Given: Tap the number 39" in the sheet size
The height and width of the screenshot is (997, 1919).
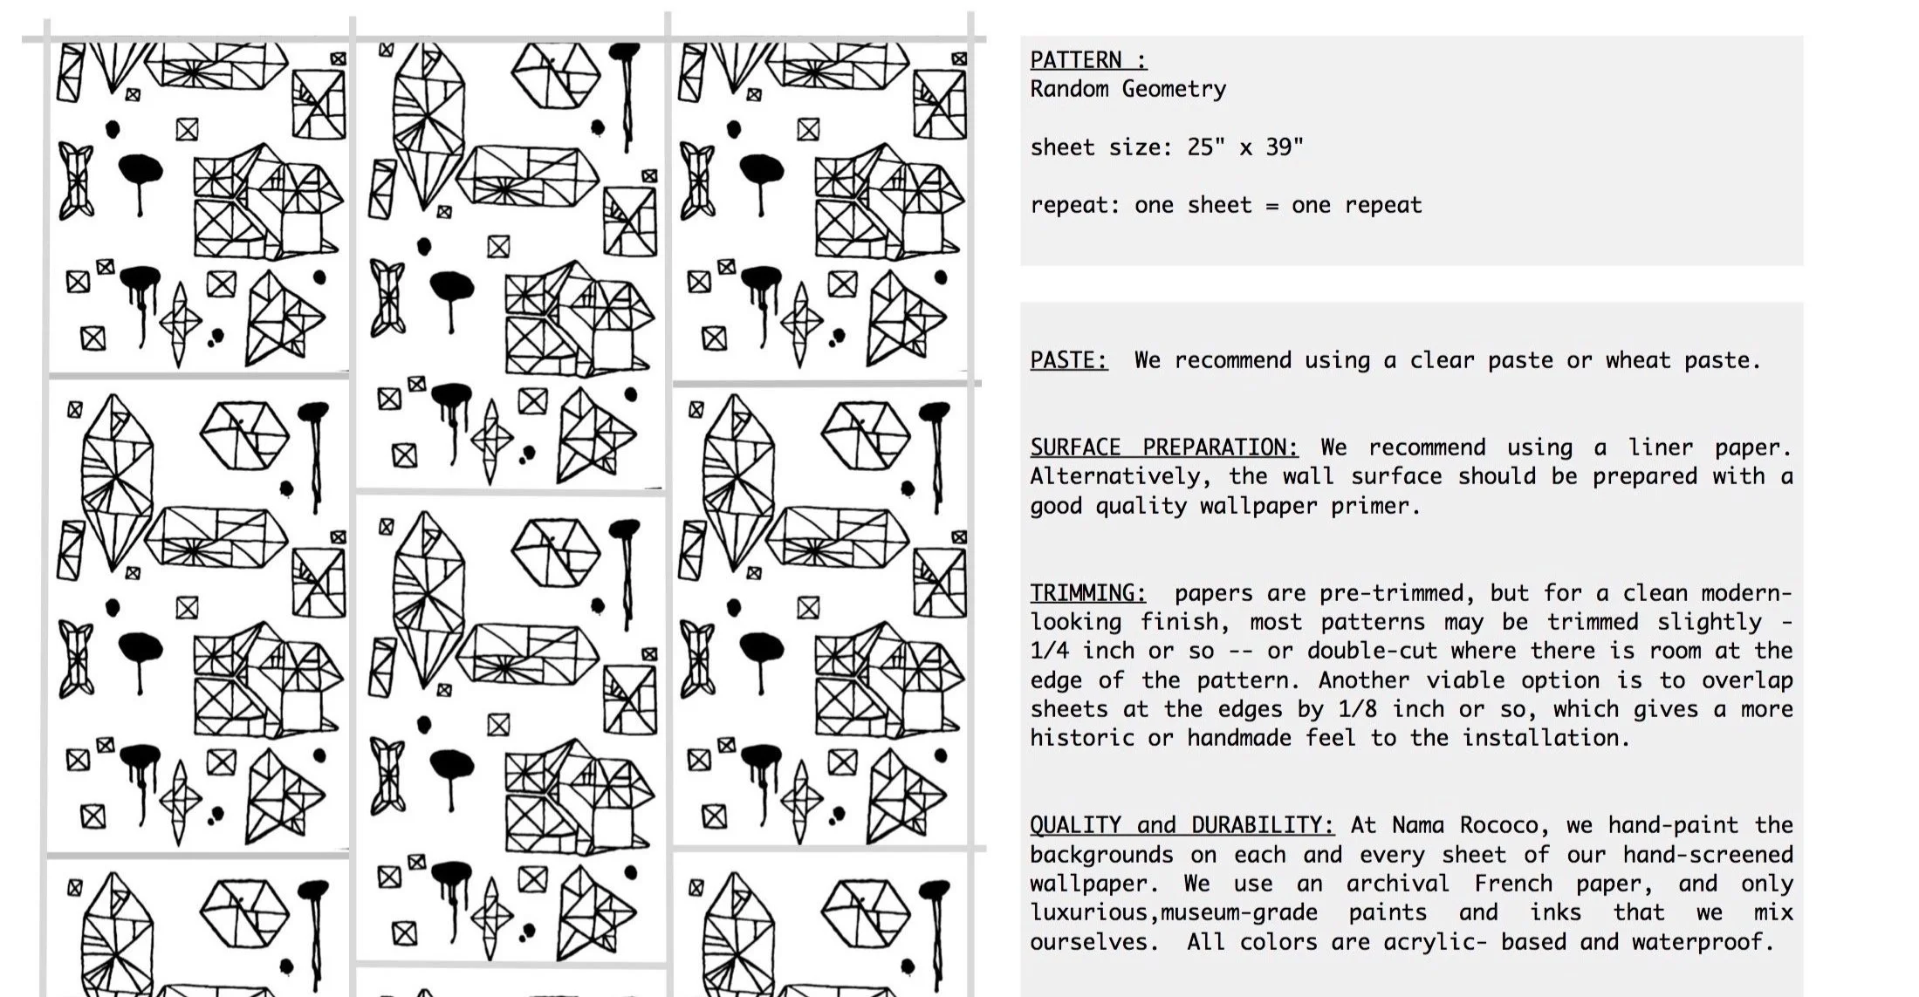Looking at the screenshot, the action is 1284,147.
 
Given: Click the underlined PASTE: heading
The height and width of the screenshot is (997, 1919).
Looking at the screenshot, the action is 1068,360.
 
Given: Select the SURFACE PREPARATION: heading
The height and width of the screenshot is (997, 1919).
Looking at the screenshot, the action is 1163,447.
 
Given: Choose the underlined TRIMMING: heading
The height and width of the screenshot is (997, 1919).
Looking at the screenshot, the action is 1087,593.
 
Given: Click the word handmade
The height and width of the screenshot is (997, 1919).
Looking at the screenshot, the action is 1239,738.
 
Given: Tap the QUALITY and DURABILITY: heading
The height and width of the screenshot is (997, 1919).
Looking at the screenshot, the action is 1182,825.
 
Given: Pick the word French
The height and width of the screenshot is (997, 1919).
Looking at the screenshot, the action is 1513,884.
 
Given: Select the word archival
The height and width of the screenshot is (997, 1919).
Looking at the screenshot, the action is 1397,884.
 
